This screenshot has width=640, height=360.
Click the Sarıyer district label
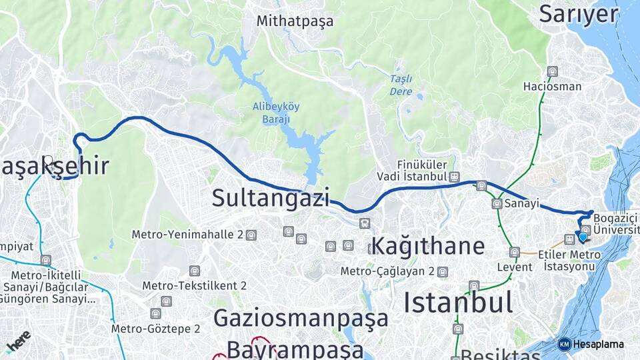[x=579, y=13]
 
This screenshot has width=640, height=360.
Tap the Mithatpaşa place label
[x=295, y=21]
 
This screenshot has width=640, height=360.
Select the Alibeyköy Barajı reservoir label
[x=271, y=113]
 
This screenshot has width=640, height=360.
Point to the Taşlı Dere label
[x=401, y=85]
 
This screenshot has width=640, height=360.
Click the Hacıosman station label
[x=552, y=86]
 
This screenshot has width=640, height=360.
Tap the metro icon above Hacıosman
[x=552, y=71]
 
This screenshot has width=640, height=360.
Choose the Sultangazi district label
[x=271, y=197]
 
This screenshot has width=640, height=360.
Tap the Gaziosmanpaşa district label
[x=301, y=318]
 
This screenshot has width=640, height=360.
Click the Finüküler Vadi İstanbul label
[x=421, y=170]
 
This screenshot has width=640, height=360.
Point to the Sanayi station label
[x=521, y=204]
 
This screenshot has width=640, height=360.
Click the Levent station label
[x=515, y=267]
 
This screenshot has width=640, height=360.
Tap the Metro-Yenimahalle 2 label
[x=187, y=235]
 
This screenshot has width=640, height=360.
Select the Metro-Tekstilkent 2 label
[x=194, y=285]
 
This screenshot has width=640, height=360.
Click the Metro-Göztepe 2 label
[x=155, y=328]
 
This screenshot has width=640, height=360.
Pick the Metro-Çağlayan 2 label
[x=387, y=271]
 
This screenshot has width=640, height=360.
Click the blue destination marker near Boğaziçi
[x=583, y=236]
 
